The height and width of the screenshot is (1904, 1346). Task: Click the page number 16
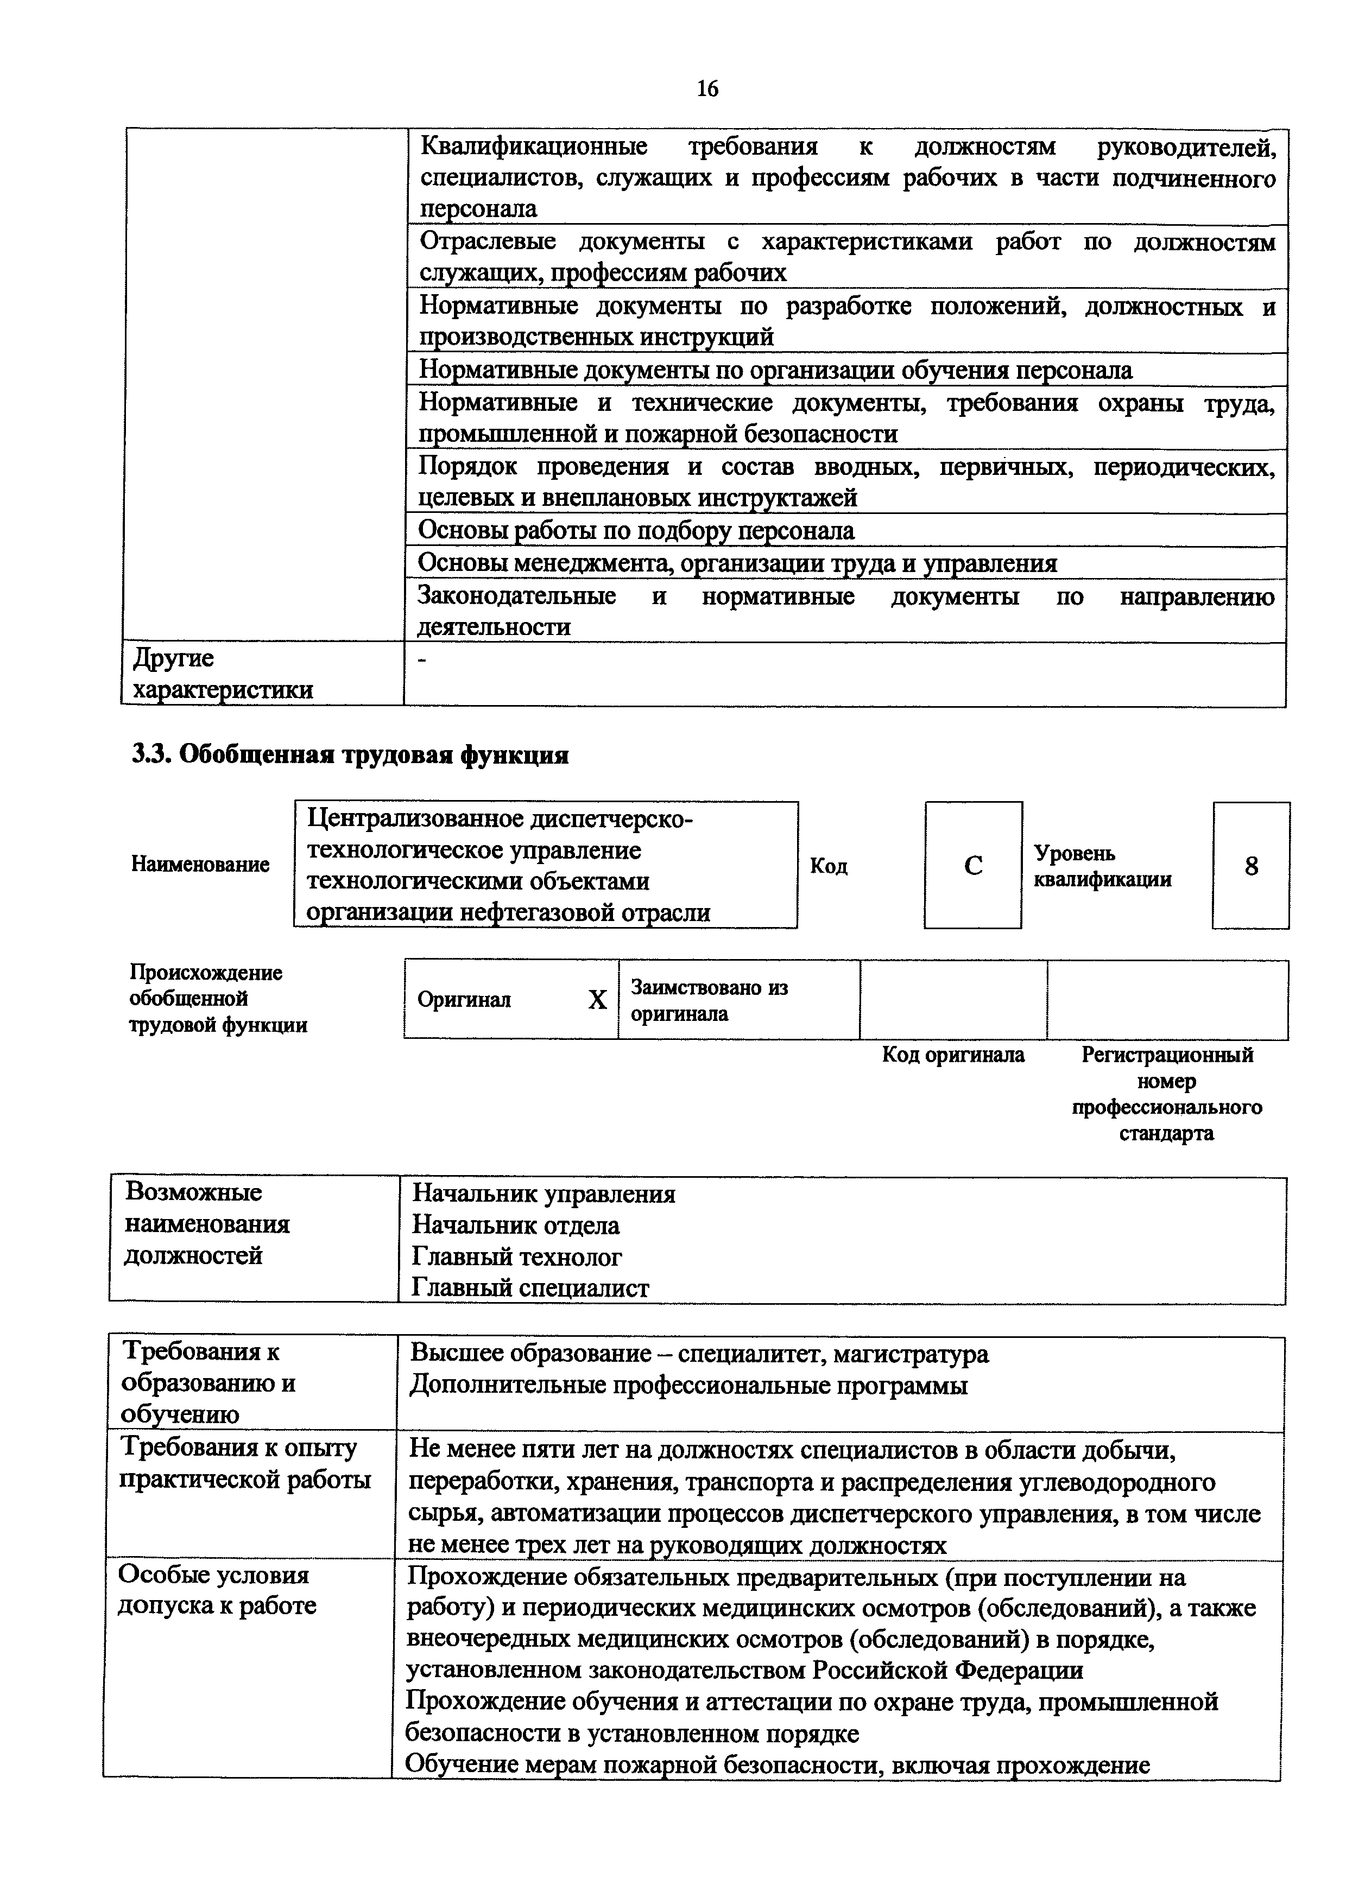pos(707,88)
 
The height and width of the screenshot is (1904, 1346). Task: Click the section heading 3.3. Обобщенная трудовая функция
pos(350,754)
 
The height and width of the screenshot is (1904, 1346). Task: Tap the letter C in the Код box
pos(973,866)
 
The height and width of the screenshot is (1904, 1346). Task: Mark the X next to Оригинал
pos(597,1000)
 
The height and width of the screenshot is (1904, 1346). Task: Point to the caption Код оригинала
pos(953,1055)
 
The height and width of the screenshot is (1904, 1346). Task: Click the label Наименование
pos(200,864)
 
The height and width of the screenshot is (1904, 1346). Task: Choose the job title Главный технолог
pos(517,1257)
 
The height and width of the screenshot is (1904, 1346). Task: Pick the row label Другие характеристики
pos(222,674)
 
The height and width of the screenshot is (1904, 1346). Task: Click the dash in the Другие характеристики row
pos(424,660)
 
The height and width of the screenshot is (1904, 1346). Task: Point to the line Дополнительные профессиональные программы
pos(688,1386)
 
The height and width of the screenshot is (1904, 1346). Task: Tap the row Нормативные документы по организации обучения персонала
pos(775,370)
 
